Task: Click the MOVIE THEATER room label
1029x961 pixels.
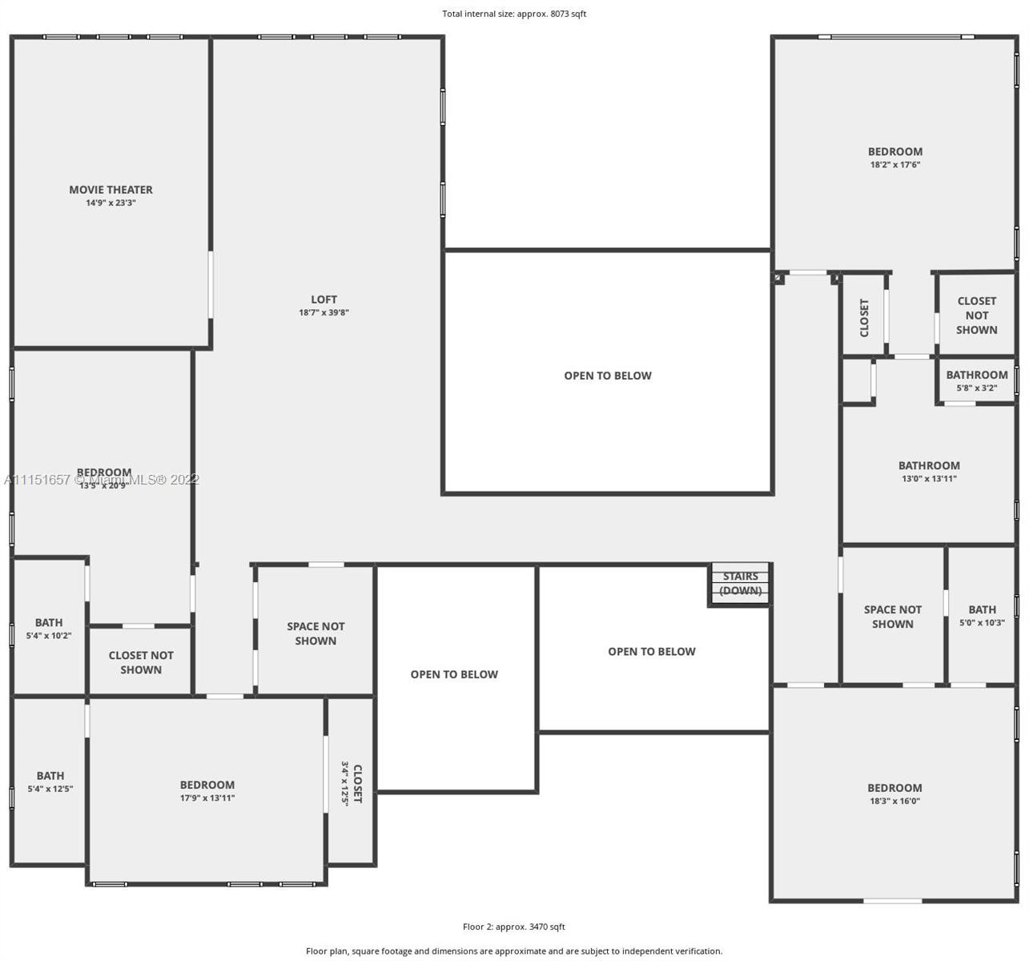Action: coord(111,190)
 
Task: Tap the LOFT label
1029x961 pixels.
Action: coord(324,300)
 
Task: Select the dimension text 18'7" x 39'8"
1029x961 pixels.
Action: coord(324,313)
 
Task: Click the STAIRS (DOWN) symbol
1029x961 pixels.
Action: coord(740,584)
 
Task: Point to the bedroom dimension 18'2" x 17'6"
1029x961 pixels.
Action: coord(895,165)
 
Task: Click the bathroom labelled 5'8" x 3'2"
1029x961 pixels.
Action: coord(976,381)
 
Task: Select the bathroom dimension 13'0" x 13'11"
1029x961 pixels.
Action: coord(929,479)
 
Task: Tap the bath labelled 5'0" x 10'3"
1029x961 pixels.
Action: coord(982,616)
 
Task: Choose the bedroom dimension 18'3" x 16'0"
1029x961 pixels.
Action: coord(894,801)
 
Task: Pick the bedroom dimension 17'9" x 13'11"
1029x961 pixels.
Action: coord(207,798)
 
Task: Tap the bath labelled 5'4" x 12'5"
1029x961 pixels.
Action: coord(50,782)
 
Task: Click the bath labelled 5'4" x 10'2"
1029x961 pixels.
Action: coord(49,629)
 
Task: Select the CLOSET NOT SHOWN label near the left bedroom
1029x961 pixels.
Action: coord(141,662)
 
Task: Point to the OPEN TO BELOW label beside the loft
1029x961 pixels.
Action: coord(607,376)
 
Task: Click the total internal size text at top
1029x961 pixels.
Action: coord(514,14)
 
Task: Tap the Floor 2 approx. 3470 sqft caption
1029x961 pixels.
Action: coord(513,927)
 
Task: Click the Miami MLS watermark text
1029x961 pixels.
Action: coord(102,480)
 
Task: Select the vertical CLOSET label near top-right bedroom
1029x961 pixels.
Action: coord(864,318)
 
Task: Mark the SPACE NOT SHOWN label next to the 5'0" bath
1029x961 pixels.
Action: coord(892,617)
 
